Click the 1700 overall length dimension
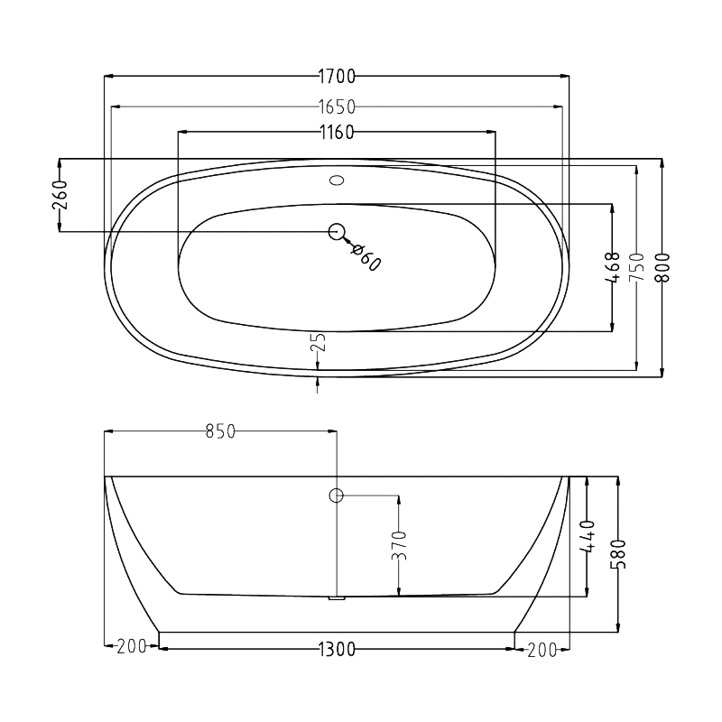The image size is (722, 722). pyautogui.click(x=337, y=77)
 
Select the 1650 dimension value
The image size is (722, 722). pyautogui.click(x=337, y=106)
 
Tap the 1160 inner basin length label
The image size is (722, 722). pyautogui.click(x=337, y=133)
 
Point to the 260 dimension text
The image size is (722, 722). pyautogui.click(x=60, y=195)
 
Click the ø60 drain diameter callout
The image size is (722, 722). pyautogui.click(x=366, y=257)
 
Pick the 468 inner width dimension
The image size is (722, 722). pyautogui.click(x=613, y=267)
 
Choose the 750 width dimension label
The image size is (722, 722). pyautogui.click(x=637, y=267)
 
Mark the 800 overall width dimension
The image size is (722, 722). pyautogui.click(x=662, y=267)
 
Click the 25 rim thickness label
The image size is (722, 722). pyautogui.click(x=319, y=342)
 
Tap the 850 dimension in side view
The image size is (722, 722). pyautogui.click(x=220, y=431)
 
